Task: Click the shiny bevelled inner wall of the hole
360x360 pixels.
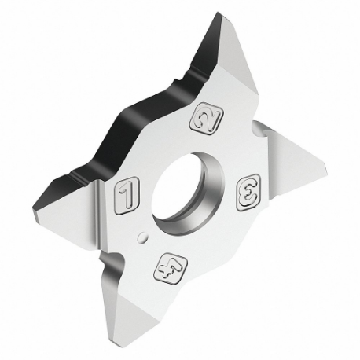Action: coord(206,200)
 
